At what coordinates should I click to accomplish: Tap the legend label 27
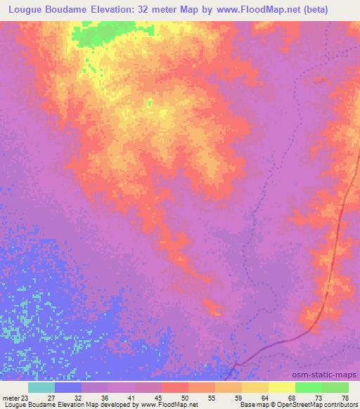(51, 398)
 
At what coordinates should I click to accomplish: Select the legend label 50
(184, 398)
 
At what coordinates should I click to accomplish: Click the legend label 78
(345, 398)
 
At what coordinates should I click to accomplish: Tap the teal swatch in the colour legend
(41, 387)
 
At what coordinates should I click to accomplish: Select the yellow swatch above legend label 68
(282, 387)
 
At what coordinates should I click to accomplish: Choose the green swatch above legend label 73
(309, 387)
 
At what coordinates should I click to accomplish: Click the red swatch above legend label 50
(175, 387)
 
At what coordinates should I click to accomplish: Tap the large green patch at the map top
(98, 32)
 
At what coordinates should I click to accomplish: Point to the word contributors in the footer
(340, 405)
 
